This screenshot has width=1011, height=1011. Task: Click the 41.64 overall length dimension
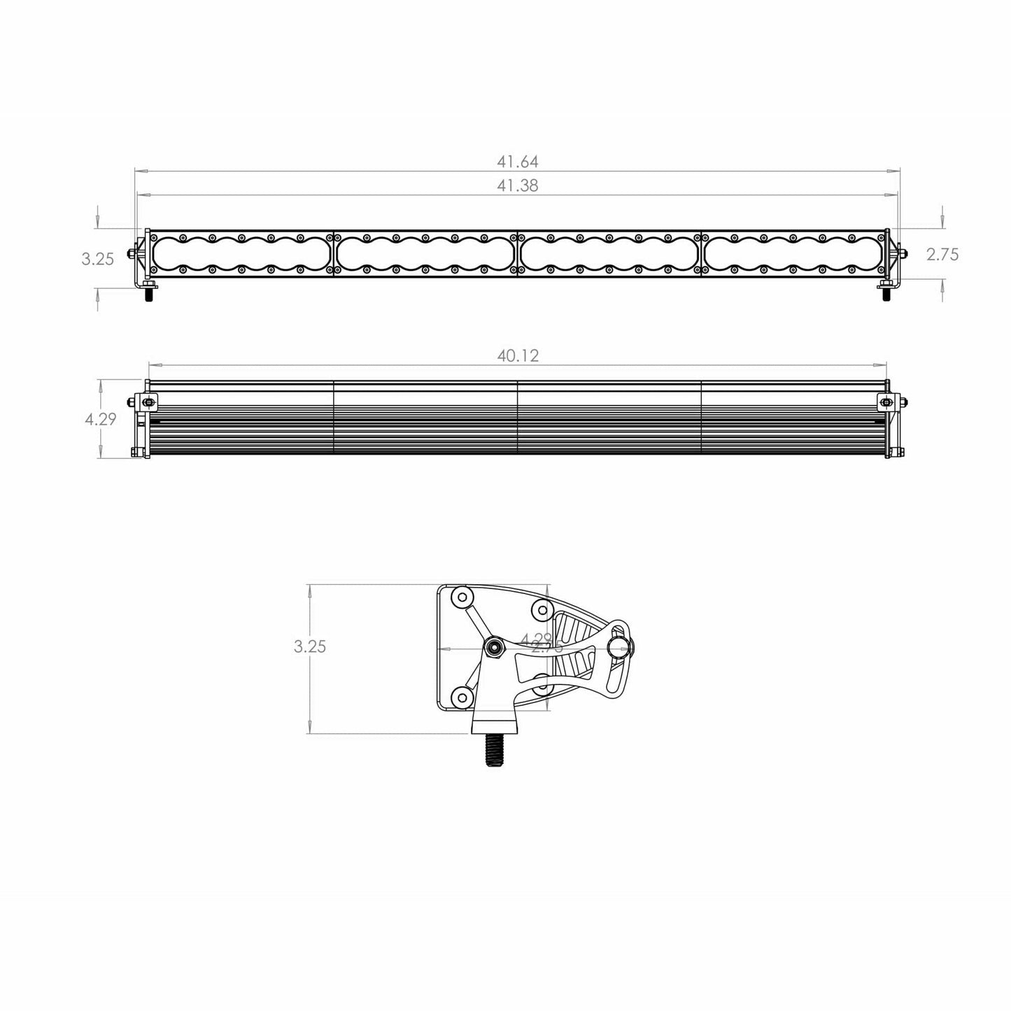coord(518,162)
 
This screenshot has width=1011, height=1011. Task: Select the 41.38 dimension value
coord(518,186)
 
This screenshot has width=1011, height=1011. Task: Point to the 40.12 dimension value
coord(518,356)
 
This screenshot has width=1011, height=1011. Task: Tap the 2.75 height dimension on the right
coord(942,255)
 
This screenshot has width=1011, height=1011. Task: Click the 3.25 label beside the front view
coord(97,259)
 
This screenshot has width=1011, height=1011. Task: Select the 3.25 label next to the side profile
coord(310,646)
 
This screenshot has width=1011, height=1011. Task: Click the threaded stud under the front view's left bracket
coord(149,295)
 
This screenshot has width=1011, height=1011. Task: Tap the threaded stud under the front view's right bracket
coord(886,295)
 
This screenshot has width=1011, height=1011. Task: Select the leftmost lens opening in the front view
coord(241,253)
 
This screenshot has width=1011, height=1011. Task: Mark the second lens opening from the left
coord(425,253)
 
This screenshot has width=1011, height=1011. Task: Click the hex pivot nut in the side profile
coord(493,647)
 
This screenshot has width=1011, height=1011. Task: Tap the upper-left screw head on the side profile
coord(461,598)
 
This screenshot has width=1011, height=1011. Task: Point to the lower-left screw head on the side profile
coord(460,696)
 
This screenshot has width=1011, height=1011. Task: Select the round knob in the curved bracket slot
coord(618,649)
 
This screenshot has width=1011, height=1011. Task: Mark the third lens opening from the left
coord(609,253)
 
